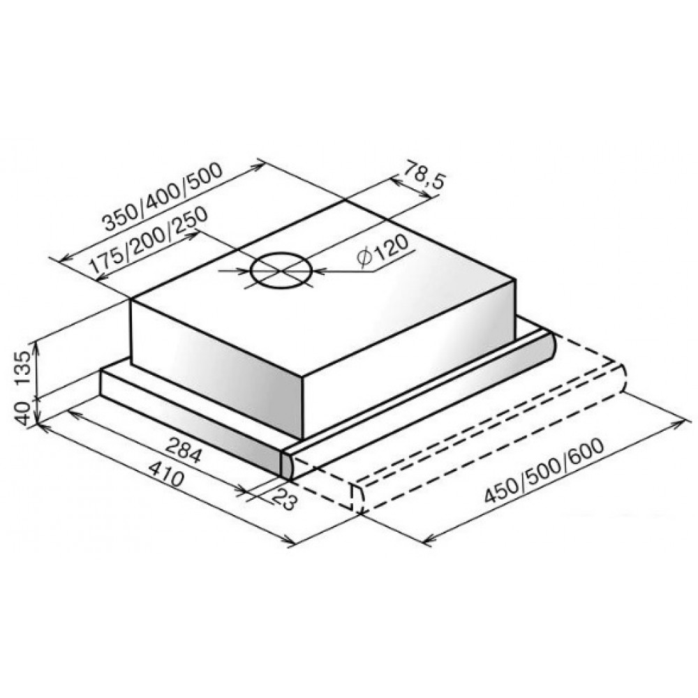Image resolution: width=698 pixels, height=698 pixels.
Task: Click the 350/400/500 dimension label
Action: point(162,198)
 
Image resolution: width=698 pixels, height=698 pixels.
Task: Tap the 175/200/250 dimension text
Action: point(148,240)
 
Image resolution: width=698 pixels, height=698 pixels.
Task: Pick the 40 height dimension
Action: point(22,413)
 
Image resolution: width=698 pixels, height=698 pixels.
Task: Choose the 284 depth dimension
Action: point(184,450)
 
